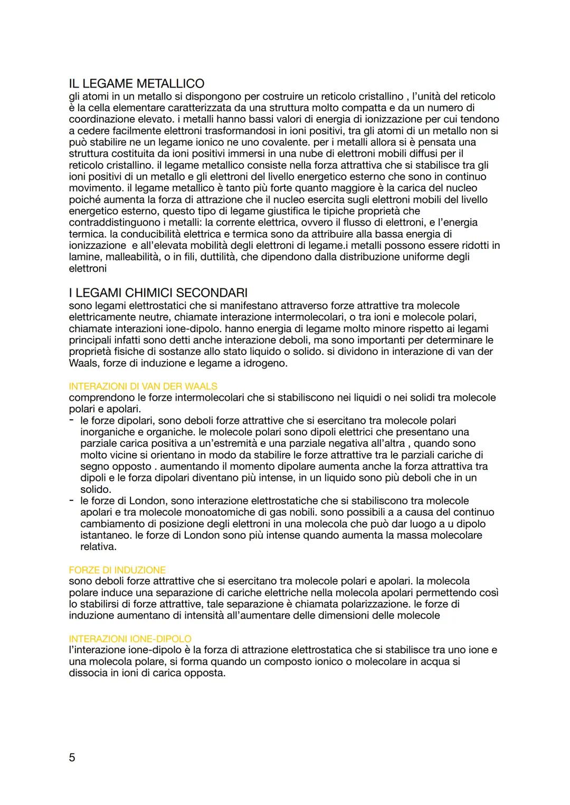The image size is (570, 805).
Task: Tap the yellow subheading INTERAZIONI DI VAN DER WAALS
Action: pyautogui.click(x=143, y=386)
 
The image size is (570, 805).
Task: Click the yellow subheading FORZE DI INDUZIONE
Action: pyautogui.click(x=117, y=570)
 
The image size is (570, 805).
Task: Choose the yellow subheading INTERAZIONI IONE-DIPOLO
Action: pyautogui.click(x=130, y=639)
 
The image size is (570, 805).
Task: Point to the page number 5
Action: pyautogui.click(x=72, y=758)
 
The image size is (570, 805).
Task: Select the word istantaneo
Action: pyautogui.click(x=106, y=536)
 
